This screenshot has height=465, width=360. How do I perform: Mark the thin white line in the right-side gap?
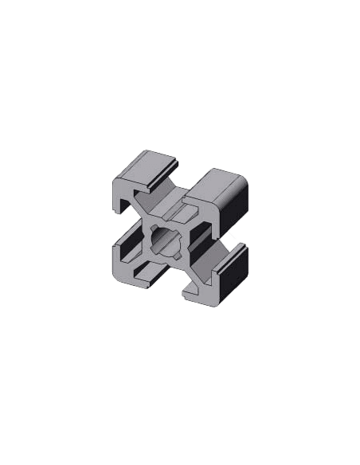(230, 237)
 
